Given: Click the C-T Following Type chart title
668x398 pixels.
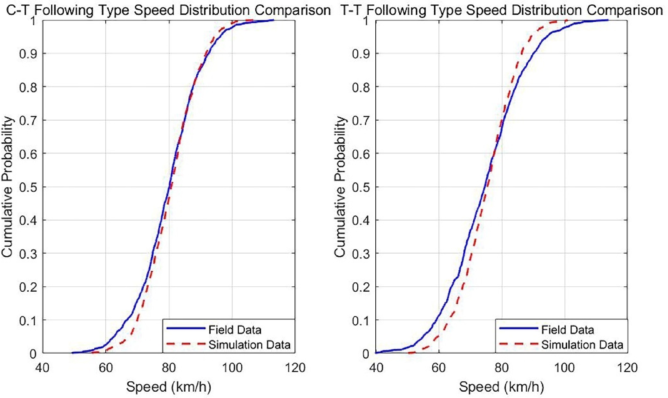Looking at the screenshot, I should coord(168,10).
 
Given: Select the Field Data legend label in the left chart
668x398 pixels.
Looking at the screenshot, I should coord(235,330).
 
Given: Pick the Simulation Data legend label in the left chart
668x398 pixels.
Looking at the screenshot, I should coord(250,345).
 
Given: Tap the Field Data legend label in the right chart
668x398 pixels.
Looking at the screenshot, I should coord(567,330).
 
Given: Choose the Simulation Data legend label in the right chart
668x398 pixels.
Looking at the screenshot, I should coord(582,345).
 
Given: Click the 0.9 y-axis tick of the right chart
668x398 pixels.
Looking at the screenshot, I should coord(361,54).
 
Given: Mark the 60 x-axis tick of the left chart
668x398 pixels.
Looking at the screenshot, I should coord(106,368).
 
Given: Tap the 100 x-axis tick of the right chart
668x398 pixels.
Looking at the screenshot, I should coord(564,368).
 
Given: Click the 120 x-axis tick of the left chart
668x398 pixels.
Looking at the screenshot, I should coord(295,368).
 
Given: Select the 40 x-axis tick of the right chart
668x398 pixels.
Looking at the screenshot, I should coord(376,368).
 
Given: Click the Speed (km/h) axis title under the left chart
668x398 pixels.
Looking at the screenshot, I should coord(169,387).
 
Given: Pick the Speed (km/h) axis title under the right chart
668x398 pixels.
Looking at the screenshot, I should coord(501,387).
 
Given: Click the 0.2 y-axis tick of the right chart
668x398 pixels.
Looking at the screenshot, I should coord(361,287).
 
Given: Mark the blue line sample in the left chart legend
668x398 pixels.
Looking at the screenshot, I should coord(185,329).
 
